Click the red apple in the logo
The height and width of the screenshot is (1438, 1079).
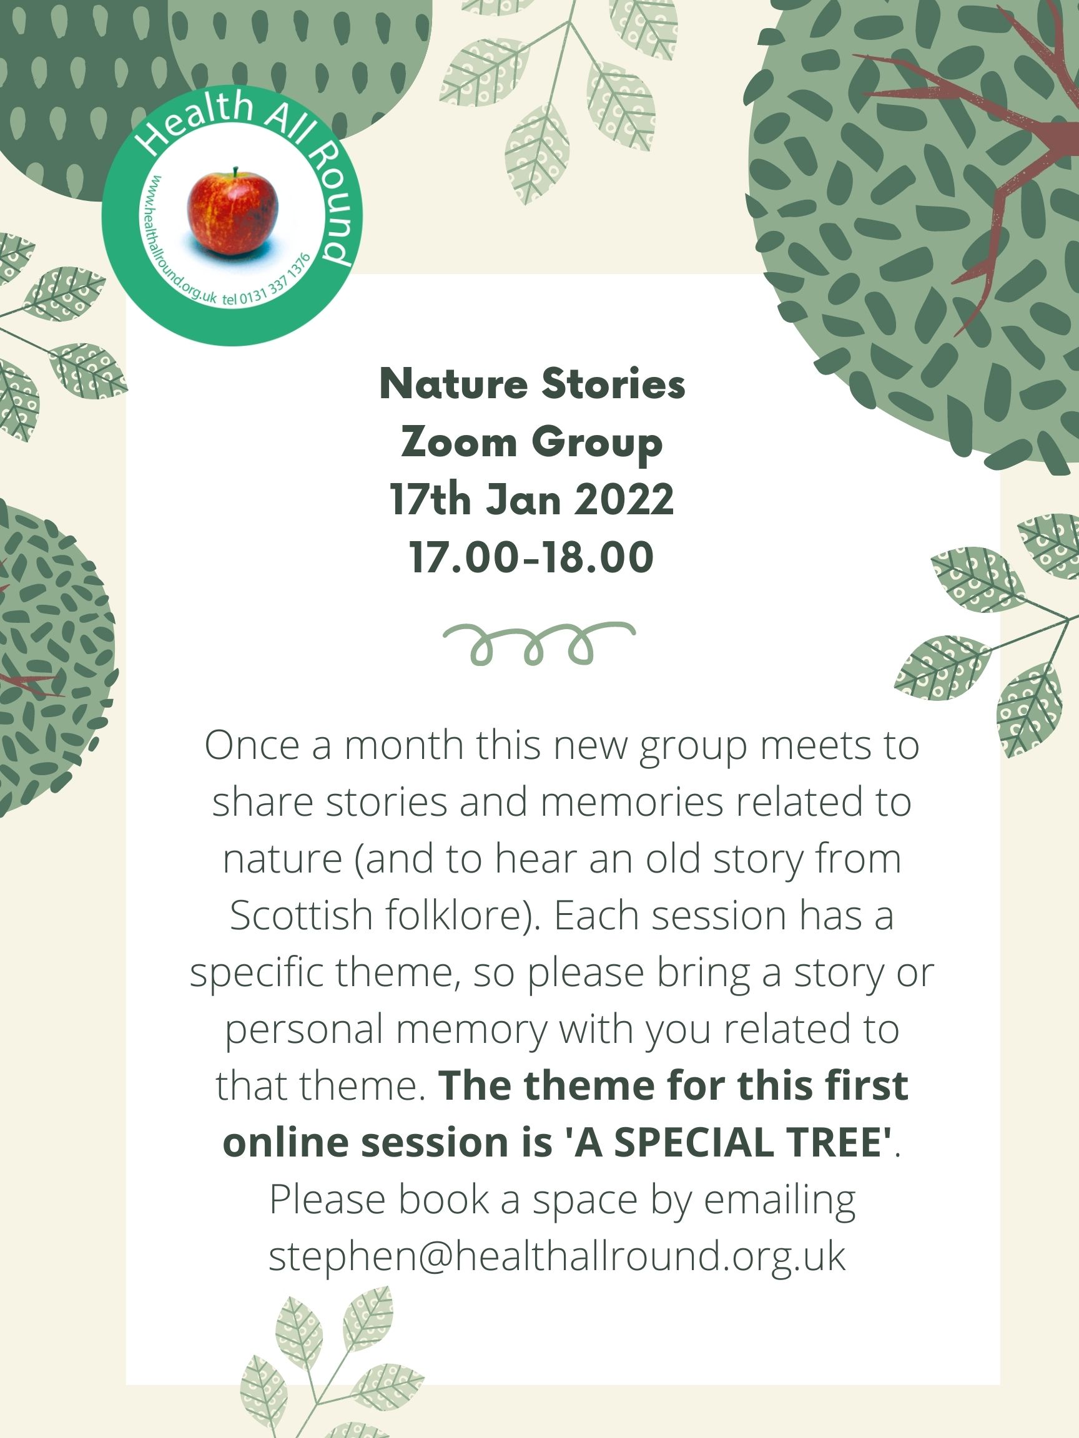click(x=232, y=213)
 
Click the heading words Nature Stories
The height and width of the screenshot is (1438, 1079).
click(x=532, y=384)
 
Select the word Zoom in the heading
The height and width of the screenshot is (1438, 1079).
click(x=459, y=442)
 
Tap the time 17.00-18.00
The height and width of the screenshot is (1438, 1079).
click(x=531, y=557)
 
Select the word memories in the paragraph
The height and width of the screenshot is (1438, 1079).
click(x=631, y=802)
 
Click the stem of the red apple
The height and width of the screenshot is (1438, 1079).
click(x=235, y=172)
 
